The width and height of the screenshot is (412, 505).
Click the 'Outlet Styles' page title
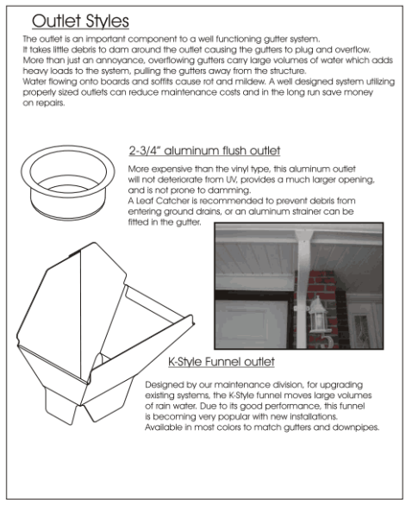[x=80, y=22]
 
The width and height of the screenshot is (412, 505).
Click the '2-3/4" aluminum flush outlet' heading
[x=204, y=151]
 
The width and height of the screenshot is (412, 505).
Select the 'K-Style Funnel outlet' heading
[x=222, y=362]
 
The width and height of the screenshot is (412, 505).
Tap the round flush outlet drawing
[x=67, y=183]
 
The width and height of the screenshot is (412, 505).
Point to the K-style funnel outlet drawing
[x=105, y=334]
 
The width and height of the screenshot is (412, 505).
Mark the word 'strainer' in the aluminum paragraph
[x=303, y=212]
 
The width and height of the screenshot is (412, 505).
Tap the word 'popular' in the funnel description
[x=232, y=417]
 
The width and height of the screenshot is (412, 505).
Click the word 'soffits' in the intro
[x=162, y=82]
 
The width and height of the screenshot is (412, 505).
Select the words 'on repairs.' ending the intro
[x=44, y=103]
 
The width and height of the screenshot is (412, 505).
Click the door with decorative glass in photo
[x=362, y=325]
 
